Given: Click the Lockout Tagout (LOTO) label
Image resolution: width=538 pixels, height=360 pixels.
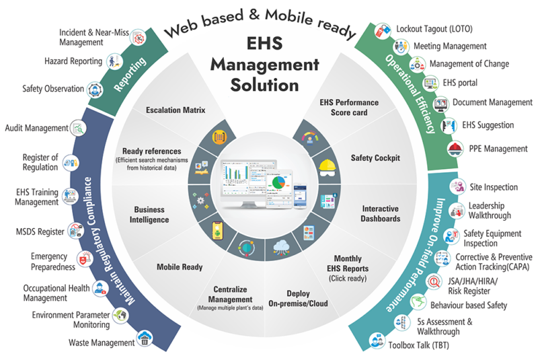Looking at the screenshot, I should (434, 30).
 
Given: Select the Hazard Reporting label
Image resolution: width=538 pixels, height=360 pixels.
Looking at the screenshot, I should (73, 61).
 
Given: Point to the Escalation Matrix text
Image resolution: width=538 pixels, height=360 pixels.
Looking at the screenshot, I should (176, 110).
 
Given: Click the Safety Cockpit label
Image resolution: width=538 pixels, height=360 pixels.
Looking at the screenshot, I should (375, 159).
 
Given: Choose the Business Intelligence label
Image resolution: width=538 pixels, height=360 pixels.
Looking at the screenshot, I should (149, 215).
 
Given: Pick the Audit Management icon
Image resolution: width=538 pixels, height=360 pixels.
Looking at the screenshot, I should (79, 127).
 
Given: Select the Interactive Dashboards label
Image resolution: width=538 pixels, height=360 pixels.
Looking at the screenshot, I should (381, 214).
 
